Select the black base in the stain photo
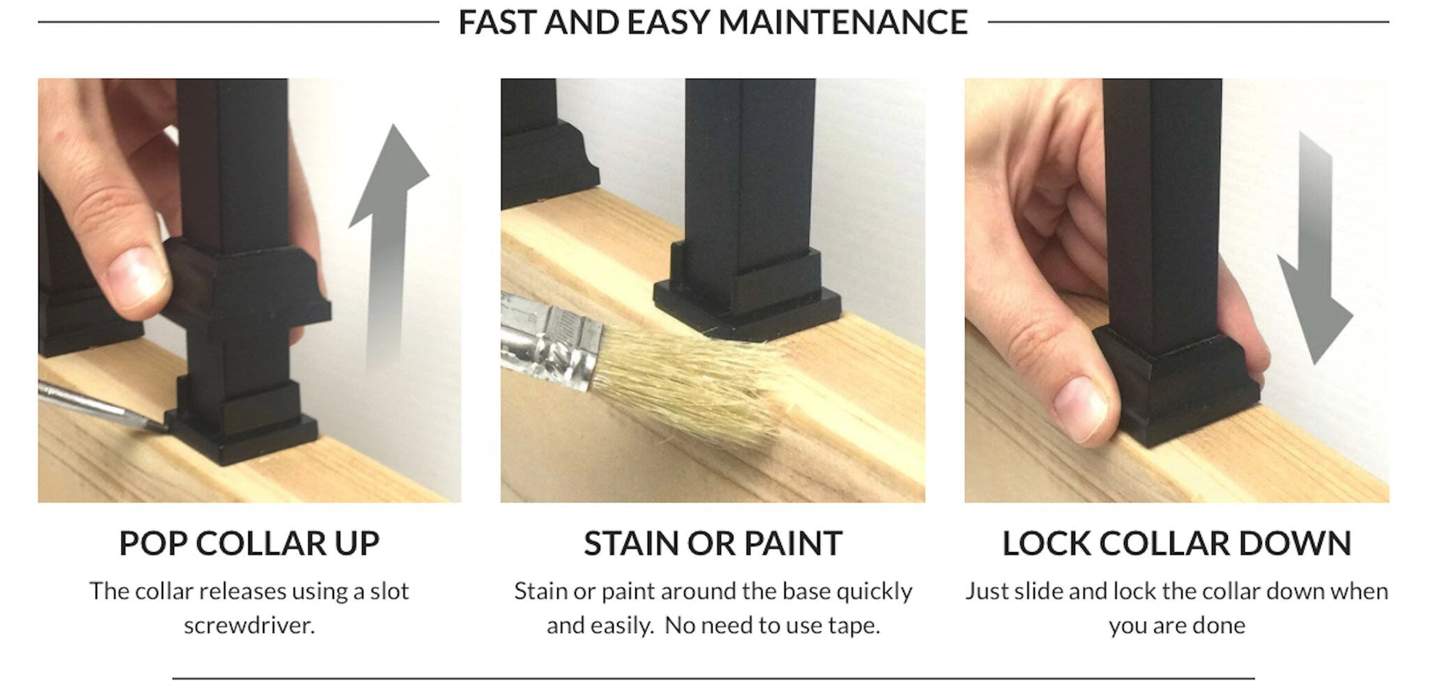[x=747, y=292]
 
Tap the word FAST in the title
[x=497, y=22]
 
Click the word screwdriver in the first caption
[x=249, y=625]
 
